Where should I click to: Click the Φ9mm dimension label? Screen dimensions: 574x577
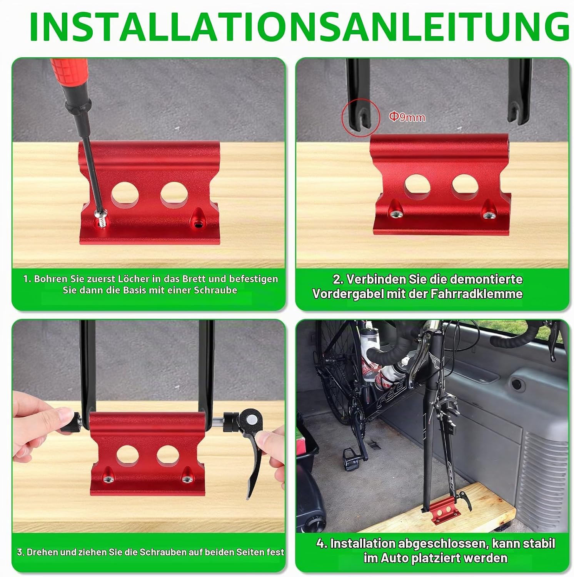pyautogui.click(x=407, y=117)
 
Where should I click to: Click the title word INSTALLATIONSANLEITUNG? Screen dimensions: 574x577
pyautogui.click(x=299, y=27)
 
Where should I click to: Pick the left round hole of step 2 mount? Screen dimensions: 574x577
pyautogui.click(x=417, y=187)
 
